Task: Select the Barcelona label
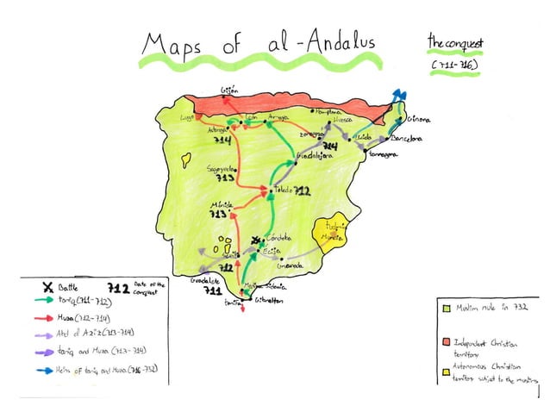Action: [x=406, y=138]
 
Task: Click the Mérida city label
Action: [x=221, y=203]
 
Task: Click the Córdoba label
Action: [x=279, y=238]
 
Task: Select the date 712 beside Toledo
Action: [x=303, y=190]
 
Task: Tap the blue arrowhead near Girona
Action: [x=397, y=95]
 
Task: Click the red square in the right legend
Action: [x=445, y=343]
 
